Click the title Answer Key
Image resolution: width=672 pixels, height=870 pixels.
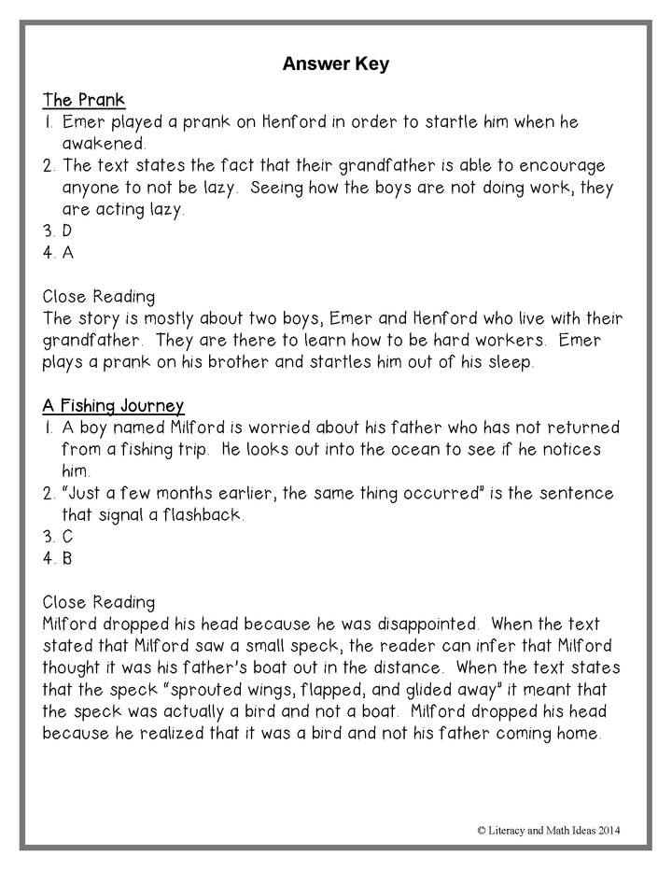click(335, 64)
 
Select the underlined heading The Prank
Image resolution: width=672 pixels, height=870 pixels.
click(84, 100)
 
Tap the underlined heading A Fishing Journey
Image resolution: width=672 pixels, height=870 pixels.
click(113, 405)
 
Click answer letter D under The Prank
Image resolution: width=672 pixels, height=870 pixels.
click(67, 230)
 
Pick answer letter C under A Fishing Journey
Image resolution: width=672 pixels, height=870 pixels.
click(67, 537)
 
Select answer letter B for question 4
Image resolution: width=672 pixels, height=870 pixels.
click(67, 559)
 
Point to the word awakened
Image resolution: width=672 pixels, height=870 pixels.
click(104, 145)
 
